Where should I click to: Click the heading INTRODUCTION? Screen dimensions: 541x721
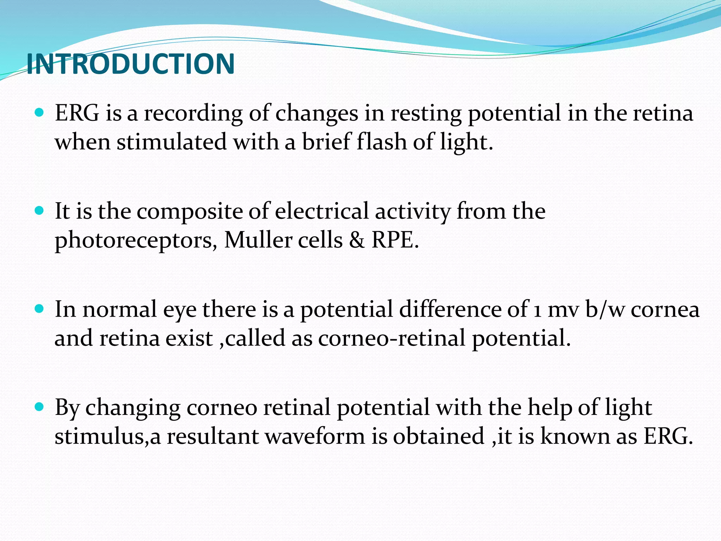tap(130, 64)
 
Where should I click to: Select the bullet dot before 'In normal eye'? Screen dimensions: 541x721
tap(39, 309)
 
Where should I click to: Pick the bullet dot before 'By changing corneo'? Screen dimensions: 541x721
tap(39, 407)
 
